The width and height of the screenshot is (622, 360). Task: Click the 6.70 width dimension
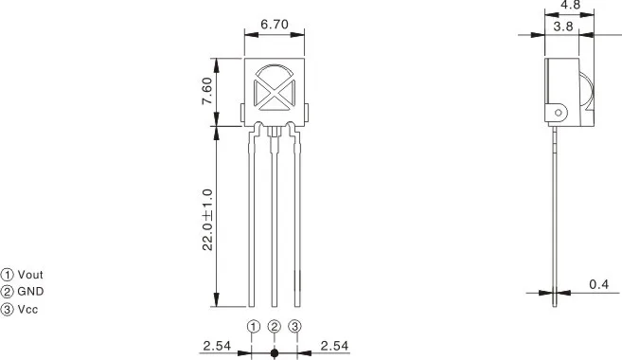click(x=275, y=25)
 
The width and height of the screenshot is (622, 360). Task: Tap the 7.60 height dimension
click(x=207, y=91)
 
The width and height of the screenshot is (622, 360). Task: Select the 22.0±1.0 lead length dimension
click(x=207, y=220)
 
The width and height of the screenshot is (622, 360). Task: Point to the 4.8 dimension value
click(x=571, y=5)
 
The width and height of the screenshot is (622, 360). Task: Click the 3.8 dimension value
click(x=563, y=27)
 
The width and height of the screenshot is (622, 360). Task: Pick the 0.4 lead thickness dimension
click(x=598, y=284)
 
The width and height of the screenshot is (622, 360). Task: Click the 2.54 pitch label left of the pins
click(x=217, y=346)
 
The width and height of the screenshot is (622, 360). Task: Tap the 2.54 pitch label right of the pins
click(x=334, y=346)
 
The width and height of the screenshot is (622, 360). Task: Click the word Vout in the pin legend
click(x=30, y=275)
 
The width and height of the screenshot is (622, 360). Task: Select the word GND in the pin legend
click(x=30, y=292)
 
